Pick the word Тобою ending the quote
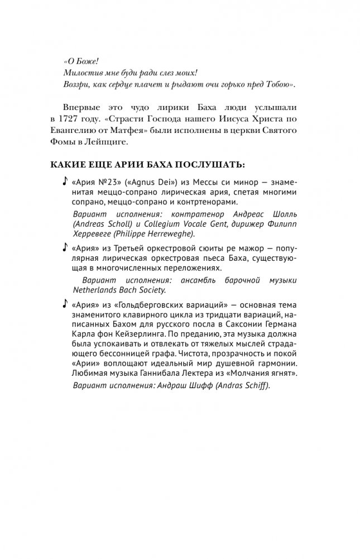276,85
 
